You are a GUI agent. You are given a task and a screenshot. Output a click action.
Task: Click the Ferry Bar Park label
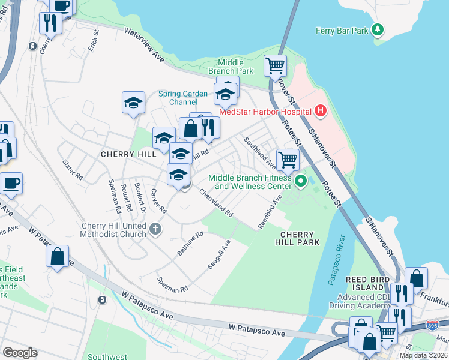(x=342, y=30)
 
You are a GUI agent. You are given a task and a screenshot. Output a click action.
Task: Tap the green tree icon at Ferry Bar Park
(x=377, y=29)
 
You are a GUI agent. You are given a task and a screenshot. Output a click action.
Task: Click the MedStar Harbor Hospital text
(x=265, y=111)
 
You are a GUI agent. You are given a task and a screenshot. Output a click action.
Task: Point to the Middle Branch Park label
(x=231, y=67)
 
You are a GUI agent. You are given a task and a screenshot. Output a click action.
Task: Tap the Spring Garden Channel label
(x=183, y=98)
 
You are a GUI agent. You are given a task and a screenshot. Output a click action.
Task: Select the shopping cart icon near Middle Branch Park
(x=275, y=65)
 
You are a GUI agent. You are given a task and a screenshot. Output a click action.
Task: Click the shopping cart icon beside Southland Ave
(x=288, y=159)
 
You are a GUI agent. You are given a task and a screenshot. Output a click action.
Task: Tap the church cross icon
(x=155, y=228)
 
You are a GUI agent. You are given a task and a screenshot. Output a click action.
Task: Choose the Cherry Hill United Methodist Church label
(x=113, y=230)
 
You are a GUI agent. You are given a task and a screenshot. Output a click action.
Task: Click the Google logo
(x=20, y=353)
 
